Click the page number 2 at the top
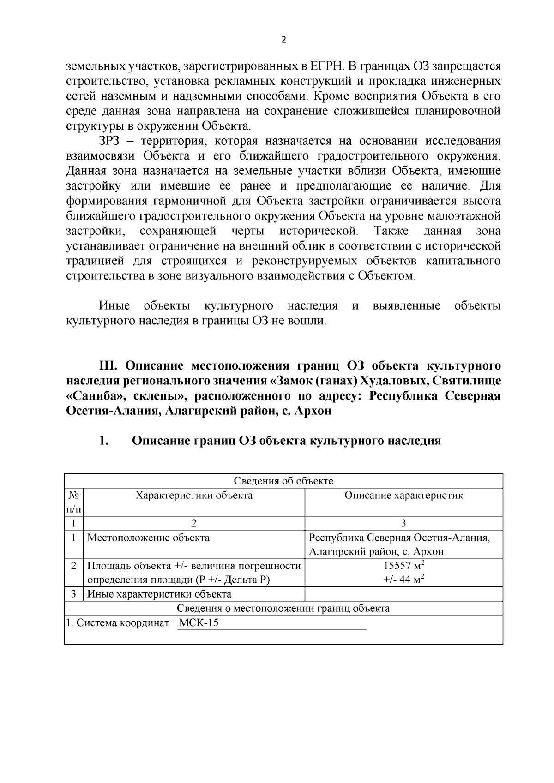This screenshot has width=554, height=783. click(283, 40)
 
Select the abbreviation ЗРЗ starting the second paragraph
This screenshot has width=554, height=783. click(109, 141)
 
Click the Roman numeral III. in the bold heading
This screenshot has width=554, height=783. click(110, 366)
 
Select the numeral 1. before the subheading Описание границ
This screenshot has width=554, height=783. click(103, 441)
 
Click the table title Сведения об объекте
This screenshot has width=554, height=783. click(283, 481)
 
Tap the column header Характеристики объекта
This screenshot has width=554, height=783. click(194, 496)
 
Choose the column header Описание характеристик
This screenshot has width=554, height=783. click(403, 496)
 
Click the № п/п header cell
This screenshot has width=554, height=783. click(74, 502)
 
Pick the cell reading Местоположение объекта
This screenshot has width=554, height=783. click(148, 538)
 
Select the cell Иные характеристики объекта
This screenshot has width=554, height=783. click(159, 594)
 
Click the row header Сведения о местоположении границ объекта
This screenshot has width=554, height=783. click(283, 609)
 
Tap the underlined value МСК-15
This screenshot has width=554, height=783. click(199, 623)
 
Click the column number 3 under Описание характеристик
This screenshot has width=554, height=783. click(403, 524)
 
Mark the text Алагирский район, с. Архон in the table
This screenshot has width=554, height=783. click(376, 552)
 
